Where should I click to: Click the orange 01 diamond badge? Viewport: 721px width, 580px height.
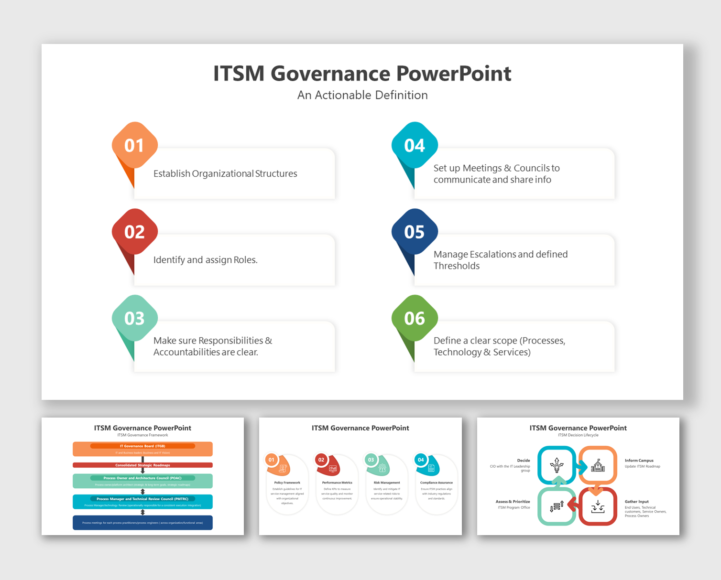(x=134, y=145)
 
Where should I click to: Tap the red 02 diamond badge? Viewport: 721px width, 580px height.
(x=134, y=232)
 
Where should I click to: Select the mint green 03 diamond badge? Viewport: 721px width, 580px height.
(x=134, y=318)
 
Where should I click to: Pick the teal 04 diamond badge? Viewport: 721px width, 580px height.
(x=414, y=145)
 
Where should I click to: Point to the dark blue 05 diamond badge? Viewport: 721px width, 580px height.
(x=414, y=232)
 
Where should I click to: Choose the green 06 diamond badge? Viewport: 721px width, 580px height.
(x=414, y=318)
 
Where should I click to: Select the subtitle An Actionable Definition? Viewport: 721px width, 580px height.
(x=362, y=95)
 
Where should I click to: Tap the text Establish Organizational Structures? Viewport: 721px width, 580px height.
(x=225, y=173)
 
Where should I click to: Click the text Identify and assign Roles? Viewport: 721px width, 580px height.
(x=206, y=260)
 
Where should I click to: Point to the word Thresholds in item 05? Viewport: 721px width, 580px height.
(x=457, y=266)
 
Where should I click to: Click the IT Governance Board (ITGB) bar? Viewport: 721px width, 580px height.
(x=142, y=446)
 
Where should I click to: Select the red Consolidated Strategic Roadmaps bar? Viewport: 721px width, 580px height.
(x=142, y=465)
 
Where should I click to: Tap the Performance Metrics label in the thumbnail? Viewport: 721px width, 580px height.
(x=337, y=483)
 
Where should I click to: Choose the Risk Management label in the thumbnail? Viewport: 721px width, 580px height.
(x=387, y=483)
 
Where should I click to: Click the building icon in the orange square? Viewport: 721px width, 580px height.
(x=598, y=465)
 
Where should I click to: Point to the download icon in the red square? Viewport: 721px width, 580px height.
(x=598, y=506)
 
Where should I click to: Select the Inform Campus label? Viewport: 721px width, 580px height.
(x=639, y=461)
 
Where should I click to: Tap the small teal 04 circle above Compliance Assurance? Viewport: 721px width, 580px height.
(x=421, y=460)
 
